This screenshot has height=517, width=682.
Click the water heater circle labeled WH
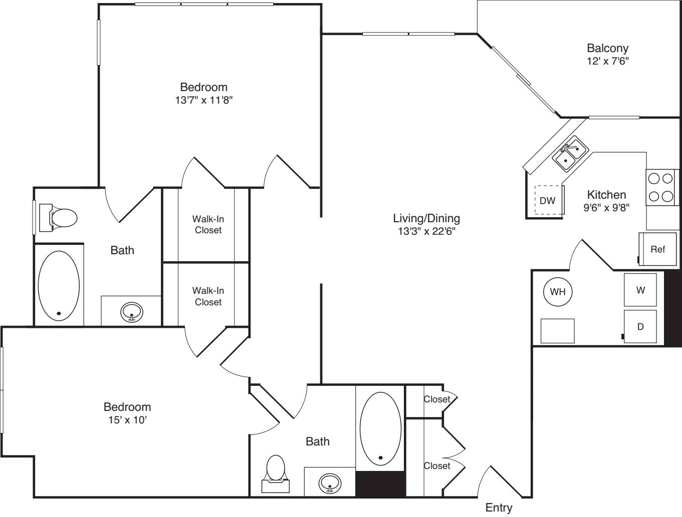click(x=558, y=292)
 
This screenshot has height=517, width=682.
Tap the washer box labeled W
click(x=640, y=290)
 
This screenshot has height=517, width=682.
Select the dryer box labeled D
click(x=640, y=326)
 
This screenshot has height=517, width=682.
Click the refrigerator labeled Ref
click(x=658, y=249)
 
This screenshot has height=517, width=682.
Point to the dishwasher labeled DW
click(x=548, y=200)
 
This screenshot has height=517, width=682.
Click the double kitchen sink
click(x=570, y=154)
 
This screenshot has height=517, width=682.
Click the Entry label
click(x=499, y=507)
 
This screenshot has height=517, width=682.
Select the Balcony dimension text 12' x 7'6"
click(x=608, y=61)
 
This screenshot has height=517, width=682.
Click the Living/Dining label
click(x=426, y=218)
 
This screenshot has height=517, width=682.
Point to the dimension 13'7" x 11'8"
click(x=204, y=100)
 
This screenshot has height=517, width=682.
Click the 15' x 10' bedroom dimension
click(x=127, y=420)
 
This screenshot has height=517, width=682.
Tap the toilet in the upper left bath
click(x=59, y=218)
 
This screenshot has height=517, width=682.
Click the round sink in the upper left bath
click(x=132, y=312)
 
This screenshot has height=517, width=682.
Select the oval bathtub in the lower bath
click(x=380, y=428)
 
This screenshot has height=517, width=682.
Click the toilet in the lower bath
click(x=276, y=474)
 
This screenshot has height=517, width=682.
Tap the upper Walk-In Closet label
click(x=208, y=224)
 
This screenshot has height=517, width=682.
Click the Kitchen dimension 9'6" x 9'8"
click(x=606, y=207)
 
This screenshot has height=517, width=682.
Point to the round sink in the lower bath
click(x=330, y=483)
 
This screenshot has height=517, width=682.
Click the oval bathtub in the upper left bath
click(x=59, y=286)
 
